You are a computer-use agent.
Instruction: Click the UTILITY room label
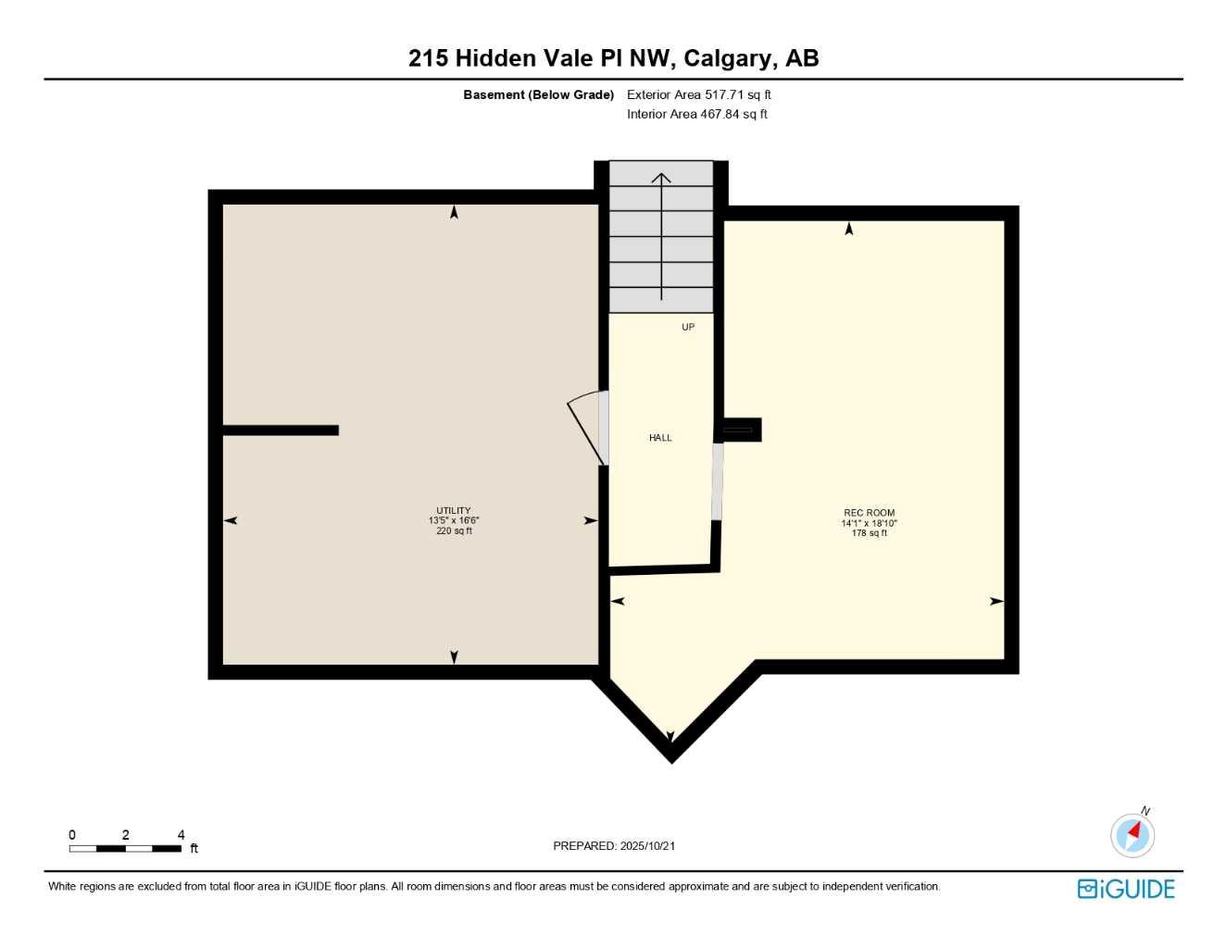454,510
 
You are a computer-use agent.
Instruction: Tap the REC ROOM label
869,513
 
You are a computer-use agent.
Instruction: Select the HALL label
660,438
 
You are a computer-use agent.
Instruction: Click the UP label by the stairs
688,327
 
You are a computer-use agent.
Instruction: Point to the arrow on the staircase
661,236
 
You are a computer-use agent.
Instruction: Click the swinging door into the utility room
587,427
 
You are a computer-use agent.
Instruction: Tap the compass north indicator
1133,834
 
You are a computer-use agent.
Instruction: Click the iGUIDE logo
1126,889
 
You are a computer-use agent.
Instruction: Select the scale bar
125,848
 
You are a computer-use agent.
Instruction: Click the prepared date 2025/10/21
647,845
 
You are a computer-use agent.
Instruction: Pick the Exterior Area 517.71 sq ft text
699,94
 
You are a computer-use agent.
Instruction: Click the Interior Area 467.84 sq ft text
697,114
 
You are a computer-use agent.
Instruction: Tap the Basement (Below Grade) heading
538,94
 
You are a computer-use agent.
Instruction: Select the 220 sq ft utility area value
454,530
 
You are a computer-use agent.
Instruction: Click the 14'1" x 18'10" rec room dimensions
869,523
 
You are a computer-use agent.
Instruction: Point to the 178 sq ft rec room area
869,533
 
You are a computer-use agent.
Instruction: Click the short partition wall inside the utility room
281,430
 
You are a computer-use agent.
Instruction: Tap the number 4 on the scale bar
182,835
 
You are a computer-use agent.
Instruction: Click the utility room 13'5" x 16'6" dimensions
454,520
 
